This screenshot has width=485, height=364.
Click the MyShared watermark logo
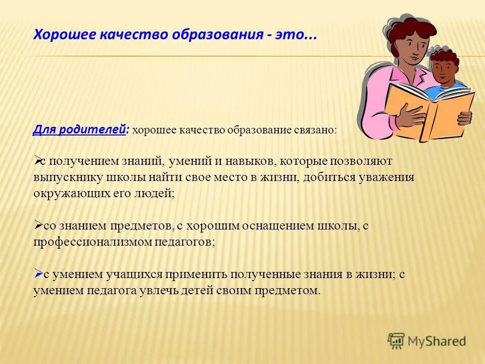pyautogui.click(x=427, y=341)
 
